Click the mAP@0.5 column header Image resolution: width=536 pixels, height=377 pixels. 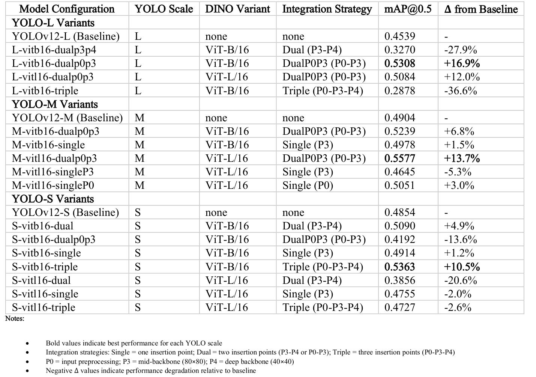[408, 9]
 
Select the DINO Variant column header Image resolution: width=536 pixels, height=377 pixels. [237, 9]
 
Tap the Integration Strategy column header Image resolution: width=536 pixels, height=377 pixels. [327, 9]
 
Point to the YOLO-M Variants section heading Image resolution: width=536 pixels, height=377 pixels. [55, 104]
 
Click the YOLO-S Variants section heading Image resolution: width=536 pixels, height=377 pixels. [53, 199]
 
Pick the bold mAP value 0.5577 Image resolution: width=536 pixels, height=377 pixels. [399, 158]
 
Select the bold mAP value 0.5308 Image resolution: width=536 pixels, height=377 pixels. [399, 63]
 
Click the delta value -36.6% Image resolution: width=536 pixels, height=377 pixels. [460, 91]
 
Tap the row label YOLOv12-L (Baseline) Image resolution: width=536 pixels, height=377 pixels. [66, 36]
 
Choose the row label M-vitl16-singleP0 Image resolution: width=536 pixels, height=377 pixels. [53, 185]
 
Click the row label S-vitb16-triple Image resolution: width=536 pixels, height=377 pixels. [45, 267]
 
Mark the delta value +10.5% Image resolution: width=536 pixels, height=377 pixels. [462, 267]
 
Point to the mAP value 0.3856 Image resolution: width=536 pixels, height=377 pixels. [399, 280]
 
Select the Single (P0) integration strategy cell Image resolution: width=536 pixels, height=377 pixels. [308, 185]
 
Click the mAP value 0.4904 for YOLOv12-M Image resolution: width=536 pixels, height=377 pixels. [399, 118]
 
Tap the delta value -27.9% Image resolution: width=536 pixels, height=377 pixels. [460, 50]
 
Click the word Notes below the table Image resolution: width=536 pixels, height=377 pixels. [15, 319]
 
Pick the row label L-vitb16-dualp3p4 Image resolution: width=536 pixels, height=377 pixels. [51, 50]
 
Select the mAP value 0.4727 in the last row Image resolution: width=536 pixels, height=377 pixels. [399, 308]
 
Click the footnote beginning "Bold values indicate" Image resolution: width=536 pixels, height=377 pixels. [134, 343]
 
